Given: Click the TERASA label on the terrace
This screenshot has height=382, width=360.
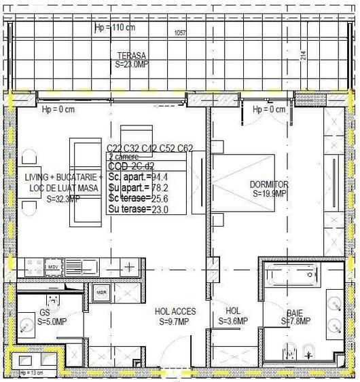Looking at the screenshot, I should point(132,56).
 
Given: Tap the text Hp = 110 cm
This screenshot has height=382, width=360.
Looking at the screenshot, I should point(115,28).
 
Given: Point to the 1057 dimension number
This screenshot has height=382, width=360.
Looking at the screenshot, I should point(180,33).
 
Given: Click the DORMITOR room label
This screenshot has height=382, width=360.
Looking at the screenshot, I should point(270,185).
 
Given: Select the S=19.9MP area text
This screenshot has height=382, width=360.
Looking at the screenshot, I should point(270,193).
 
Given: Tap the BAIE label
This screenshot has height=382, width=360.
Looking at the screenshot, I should point(295,313).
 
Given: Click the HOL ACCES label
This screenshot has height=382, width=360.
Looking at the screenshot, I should point(175,312).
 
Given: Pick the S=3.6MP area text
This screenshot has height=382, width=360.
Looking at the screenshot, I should point(232,321).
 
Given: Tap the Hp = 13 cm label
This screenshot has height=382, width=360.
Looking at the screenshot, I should point(31,373).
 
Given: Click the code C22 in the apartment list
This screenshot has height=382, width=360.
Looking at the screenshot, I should point(115,148).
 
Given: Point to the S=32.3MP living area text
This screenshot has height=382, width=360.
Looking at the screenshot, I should point(62,199).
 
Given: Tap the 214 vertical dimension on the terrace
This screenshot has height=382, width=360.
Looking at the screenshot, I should point(303,56).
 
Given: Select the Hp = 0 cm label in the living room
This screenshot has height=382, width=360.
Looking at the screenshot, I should point(58,109).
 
